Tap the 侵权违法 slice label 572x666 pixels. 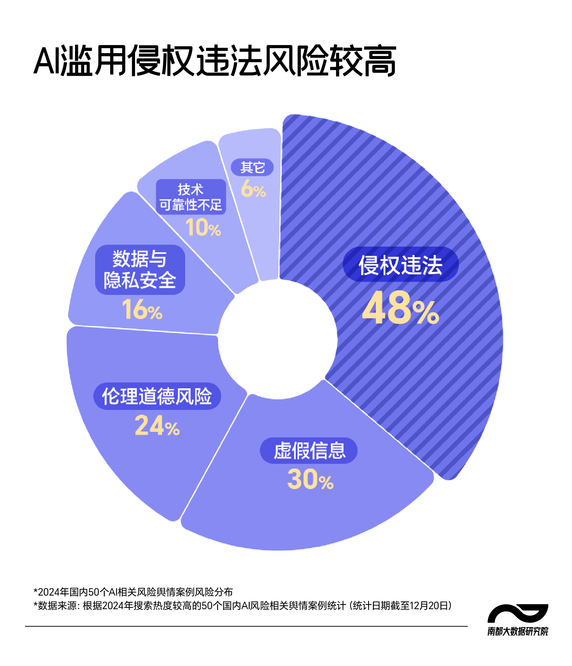pos(400,264)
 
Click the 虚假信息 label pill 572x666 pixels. pos(309,450)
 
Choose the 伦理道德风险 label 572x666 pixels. pos(157,396)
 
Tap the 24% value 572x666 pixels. pos(157,426)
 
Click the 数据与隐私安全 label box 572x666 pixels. pos(140,270)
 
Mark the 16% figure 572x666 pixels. pos(142,310)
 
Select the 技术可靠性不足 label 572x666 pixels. pos(191,197)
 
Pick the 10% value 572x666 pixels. pos(203,227)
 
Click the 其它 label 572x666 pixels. pos(252,167)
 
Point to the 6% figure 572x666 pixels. pos(253,189)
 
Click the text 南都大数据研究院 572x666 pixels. pos(517,632)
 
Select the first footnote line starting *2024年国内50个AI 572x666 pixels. pos(133,592)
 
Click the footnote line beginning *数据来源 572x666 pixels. pos(242,606)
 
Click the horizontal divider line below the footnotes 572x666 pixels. pos(246,626)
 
